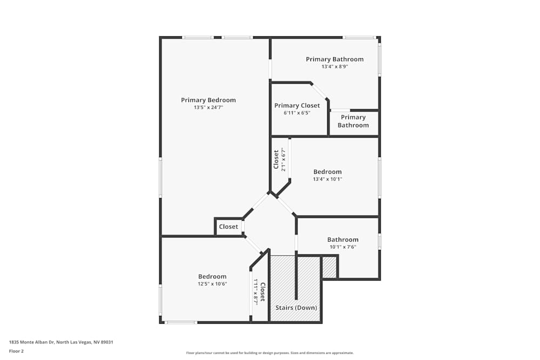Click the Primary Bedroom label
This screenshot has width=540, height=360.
[208, 100]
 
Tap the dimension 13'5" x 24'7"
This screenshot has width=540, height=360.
[208, 107]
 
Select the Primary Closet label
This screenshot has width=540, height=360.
[297, 106]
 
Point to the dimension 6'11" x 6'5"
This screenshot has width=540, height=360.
[297, 113]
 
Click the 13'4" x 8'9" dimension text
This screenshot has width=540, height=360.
[335, 66]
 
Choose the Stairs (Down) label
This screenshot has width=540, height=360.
[296, 308]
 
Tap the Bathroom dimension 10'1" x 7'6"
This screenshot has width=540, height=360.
[343, 247]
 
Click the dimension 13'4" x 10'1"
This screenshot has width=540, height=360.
[328, 179]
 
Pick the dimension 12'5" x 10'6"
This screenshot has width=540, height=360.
[212, 284]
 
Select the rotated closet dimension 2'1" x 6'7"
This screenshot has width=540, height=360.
[283, 160]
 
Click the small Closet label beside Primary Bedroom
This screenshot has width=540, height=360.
[228, 227]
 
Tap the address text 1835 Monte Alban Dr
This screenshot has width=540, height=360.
[32, 342]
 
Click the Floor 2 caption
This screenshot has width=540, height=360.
[16, 351]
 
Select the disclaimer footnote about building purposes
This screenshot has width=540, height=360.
[269, 353]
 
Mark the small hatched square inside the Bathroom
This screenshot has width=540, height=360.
[329, 267]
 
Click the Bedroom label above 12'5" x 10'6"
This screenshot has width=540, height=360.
[212, 277]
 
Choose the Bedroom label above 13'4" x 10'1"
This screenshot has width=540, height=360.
[328, 172]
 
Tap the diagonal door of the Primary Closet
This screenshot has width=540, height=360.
[319, 91]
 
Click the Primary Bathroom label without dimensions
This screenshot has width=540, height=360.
[353, 121]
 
